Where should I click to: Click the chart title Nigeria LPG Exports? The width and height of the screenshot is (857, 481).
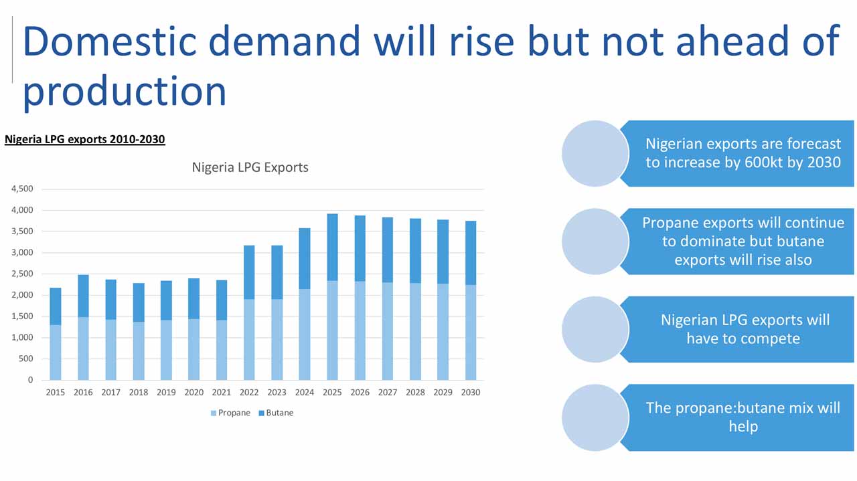tap(250, 167)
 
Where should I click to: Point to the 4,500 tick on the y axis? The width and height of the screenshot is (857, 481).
tap(22, 189)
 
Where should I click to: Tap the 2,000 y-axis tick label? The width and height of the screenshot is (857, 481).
tap(22, 295)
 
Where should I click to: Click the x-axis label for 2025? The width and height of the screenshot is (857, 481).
tap(332, 393)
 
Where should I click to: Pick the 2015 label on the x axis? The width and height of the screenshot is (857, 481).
tap(56, 393)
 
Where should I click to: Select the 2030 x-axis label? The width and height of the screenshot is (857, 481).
tap(471, 393)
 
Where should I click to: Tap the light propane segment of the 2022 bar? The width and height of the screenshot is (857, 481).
tap(249, 340)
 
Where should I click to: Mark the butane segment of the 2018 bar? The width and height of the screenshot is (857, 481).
tap(139, 302)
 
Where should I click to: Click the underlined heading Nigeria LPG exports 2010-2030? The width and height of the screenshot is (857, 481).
tap(85, 140)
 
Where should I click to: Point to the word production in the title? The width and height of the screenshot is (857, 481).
tap(125, 92)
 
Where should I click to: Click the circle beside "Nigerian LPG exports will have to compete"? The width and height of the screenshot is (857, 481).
tap(595, 330)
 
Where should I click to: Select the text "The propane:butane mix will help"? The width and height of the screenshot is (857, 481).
tap(743, 417)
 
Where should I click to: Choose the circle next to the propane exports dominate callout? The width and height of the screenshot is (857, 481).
tap(595, 242)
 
